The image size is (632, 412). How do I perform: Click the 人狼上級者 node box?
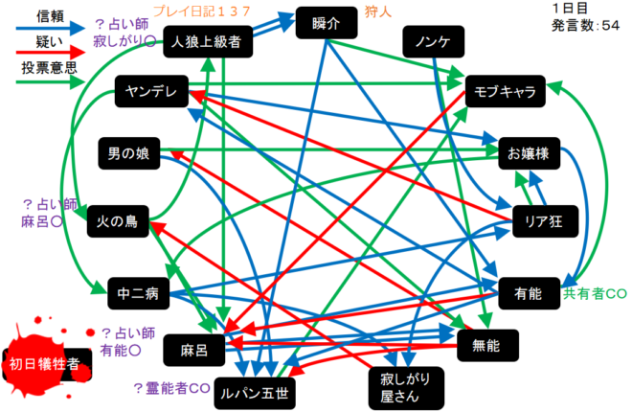[207, 41]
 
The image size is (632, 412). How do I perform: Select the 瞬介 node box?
[326, 23]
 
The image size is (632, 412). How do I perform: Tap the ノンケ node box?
[433, 41]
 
